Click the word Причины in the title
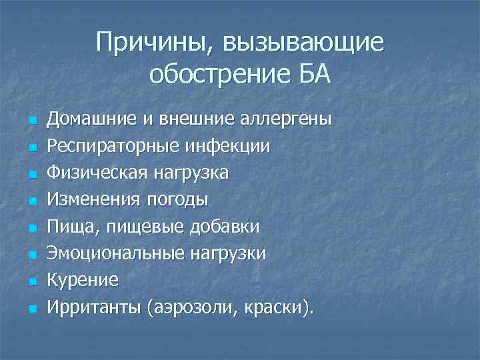tap(147, 43)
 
